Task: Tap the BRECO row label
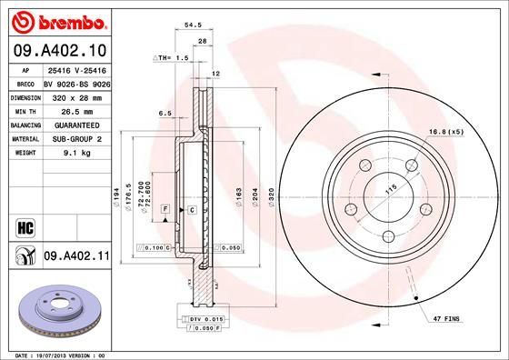tap(25, 81)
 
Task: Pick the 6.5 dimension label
tap(165, 114)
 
